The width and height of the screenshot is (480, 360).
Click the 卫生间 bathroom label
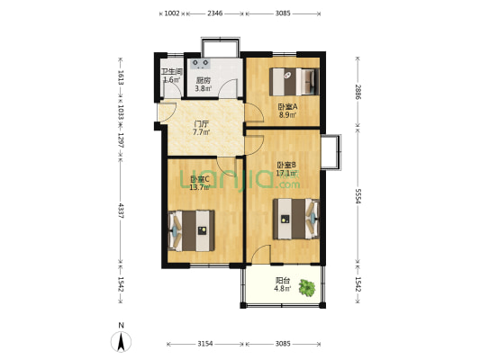coord(172,72)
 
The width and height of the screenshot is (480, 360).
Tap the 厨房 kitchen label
coord(204,80)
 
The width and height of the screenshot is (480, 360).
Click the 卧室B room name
coord(287,165)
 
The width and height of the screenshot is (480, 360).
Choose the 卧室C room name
coord(199,178)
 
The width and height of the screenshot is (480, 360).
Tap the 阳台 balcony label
coord(282,280)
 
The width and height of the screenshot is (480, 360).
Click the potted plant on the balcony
coord(308,289)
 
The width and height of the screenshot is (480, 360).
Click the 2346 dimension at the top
coord(215,13)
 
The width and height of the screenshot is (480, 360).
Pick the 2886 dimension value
coord(358,92)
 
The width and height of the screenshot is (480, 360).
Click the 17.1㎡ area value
coord(287,174)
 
